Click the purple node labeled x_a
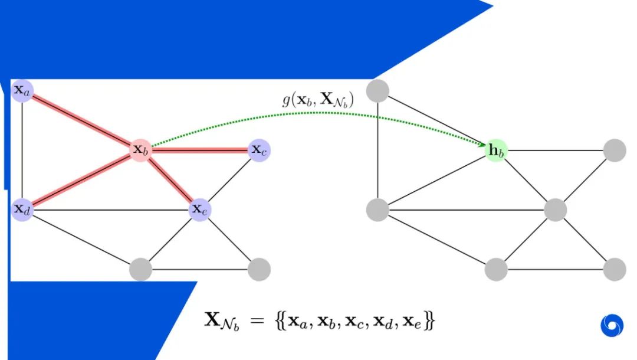[22, 91]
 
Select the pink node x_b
[141, 150]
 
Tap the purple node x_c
[259, 150]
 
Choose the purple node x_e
[200, 209]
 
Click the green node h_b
[495, 150]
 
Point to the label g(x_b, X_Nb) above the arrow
[318, 100]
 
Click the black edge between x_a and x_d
[22, 150]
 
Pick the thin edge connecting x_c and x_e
[229, 179]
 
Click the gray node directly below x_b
[141, 269]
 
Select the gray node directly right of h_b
[614, 150]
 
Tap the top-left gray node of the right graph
[377, 91]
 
